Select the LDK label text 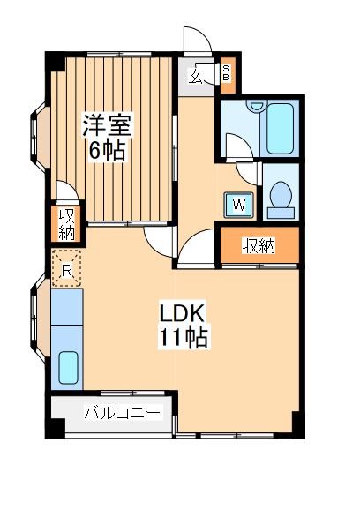(x=182, y=313)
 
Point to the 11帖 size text (x=184, y=337)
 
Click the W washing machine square (x=239, y=205)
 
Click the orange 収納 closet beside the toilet (x=259, y=246)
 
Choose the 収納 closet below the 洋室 (x=67, y=225)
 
